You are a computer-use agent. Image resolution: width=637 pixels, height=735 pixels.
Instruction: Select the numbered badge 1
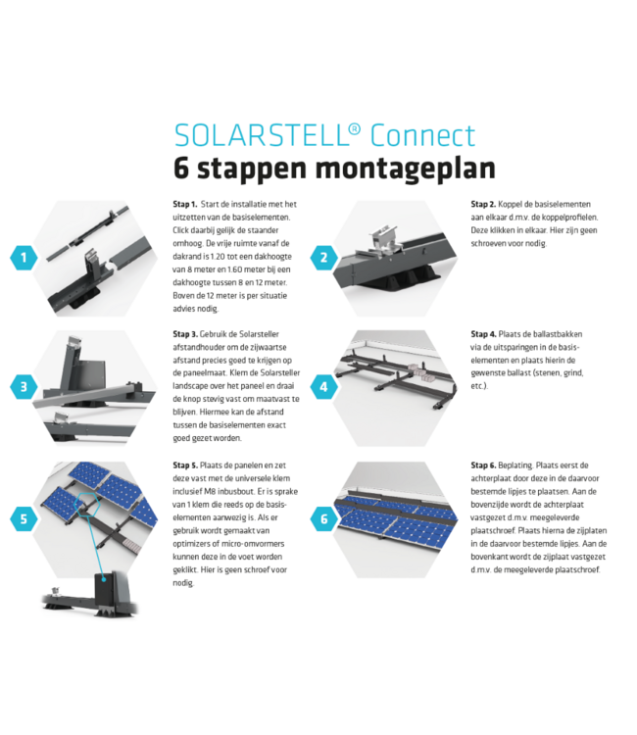point(24,258)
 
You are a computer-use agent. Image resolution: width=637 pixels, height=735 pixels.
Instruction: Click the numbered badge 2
point(323,258)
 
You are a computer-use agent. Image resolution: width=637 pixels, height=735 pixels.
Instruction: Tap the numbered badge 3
point(24,386)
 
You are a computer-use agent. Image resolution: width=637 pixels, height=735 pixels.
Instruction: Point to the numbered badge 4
point(323,386)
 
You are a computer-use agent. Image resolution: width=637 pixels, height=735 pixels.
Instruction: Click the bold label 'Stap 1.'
point(186,204)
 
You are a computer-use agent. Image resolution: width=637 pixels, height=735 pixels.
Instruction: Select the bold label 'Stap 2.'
point(484,204)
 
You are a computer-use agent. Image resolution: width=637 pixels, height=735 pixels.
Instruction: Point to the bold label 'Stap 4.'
point(484,334)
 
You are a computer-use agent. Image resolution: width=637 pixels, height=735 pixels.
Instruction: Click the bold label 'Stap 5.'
point(186,465)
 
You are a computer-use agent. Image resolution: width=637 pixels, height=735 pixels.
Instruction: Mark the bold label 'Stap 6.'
point(484,465)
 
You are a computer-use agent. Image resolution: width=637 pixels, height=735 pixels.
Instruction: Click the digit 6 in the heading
point(182,168)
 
